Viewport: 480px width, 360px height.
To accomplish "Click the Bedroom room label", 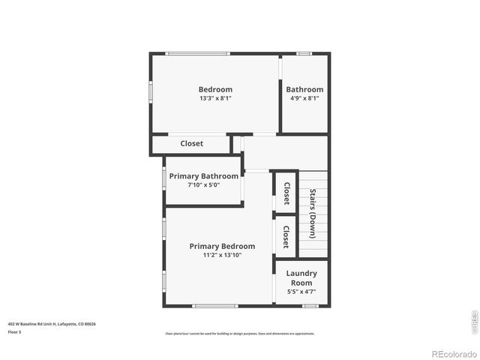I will click(x=215, y=89).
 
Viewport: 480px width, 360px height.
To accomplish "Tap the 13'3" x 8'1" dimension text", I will click(x=215, y=98).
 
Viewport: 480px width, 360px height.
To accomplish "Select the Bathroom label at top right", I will click(x=304, y=89).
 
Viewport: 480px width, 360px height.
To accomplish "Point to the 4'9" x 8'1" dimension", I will click(x=304, y=98).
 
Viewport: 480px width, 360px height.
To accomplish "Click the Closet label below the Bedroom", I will click(x=191, y=143).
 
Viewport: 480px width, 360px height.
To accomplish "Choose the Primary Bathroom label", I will click(x=203, y=176).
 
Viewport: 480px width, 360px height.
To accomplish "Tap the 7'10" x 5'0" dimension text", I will click(x=203, y=185).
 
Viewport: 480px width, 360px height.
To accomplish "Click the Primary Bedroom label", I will click(x=222, y=246).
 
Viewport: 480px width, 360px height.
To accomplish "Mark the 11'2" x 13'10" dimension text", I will click(x=222, y=255).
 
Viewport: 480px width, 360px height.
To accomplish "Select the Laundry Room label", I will click(x=301, y=277).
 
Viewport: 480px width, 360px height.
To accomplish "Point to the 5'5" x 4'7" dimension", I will click(x=301, y=292).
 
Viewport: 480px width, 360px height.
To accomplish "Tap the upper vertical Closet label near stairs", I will click(x=286, y=193).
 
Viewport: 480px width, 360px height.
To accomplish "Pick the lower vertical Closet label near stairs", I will click(x=286, y=236).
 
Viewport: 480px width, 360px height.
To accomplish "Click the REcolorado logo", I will click(x=448, y=352).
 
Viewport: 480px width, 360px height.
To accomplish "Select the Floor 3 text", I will click(x=15, y=331).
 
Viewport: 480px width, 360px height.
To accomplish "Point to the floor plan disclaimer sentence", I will click(x=239, y=333).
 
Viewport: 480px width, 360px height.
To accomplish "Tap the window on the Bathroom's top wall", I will click(x=304, y=53).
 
